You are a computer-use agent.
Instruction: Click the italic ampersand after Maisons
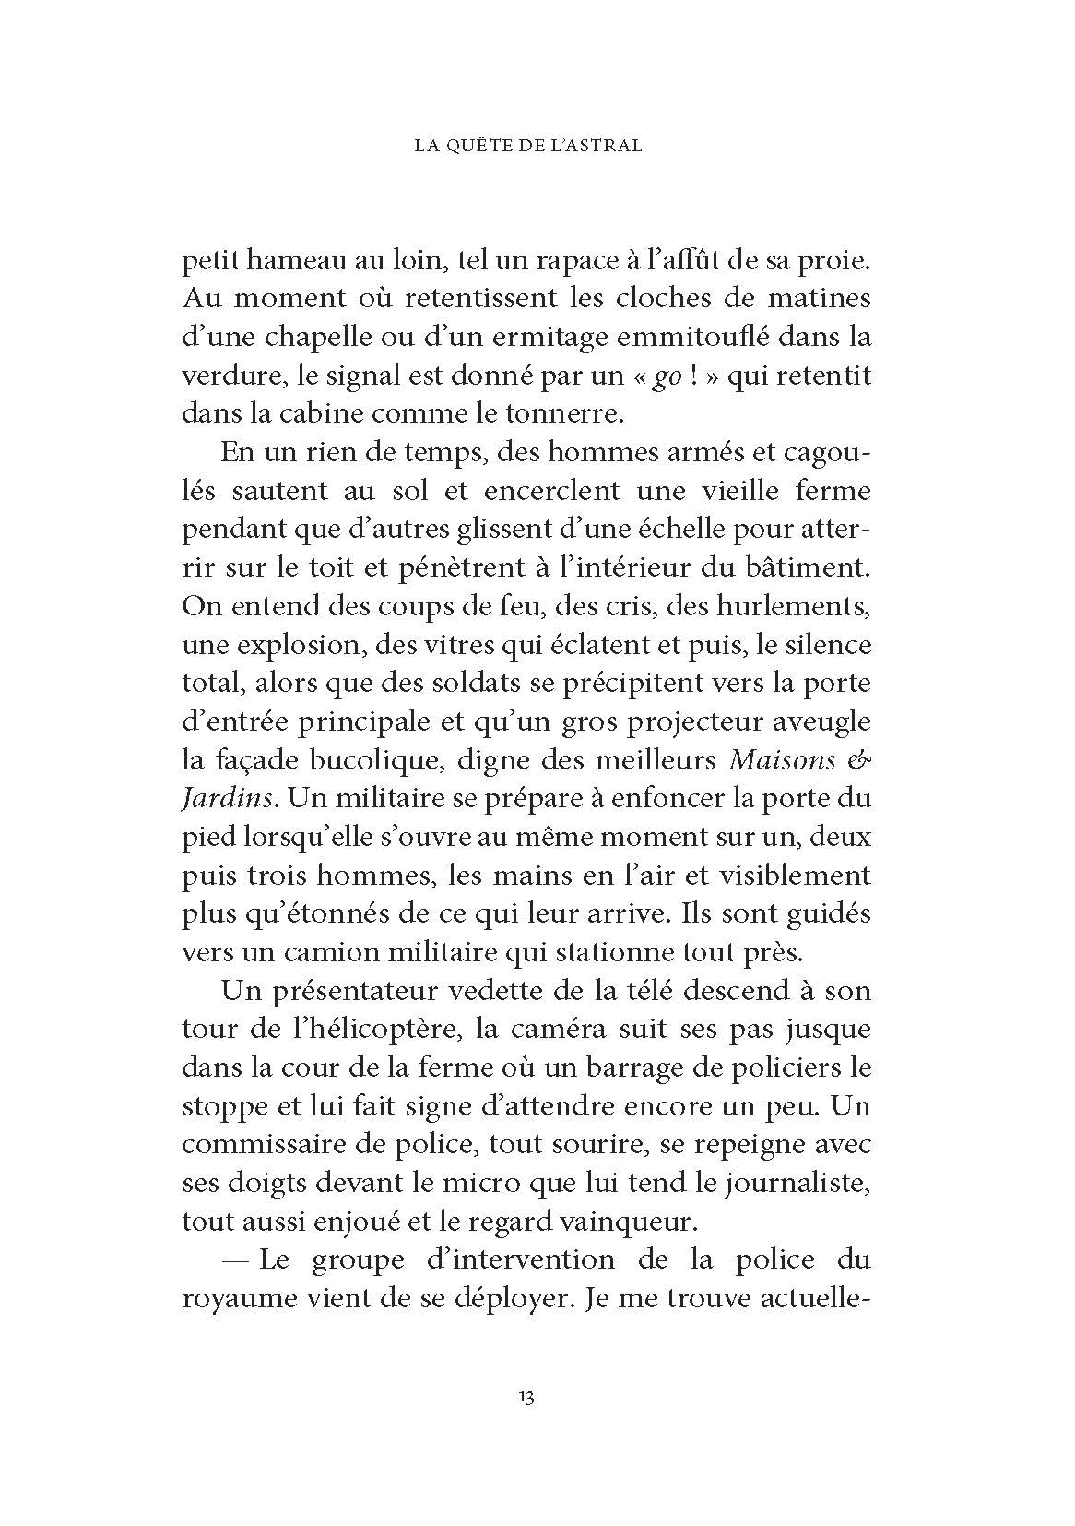858,761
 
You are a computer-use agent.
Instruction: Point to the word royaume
232,1299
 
